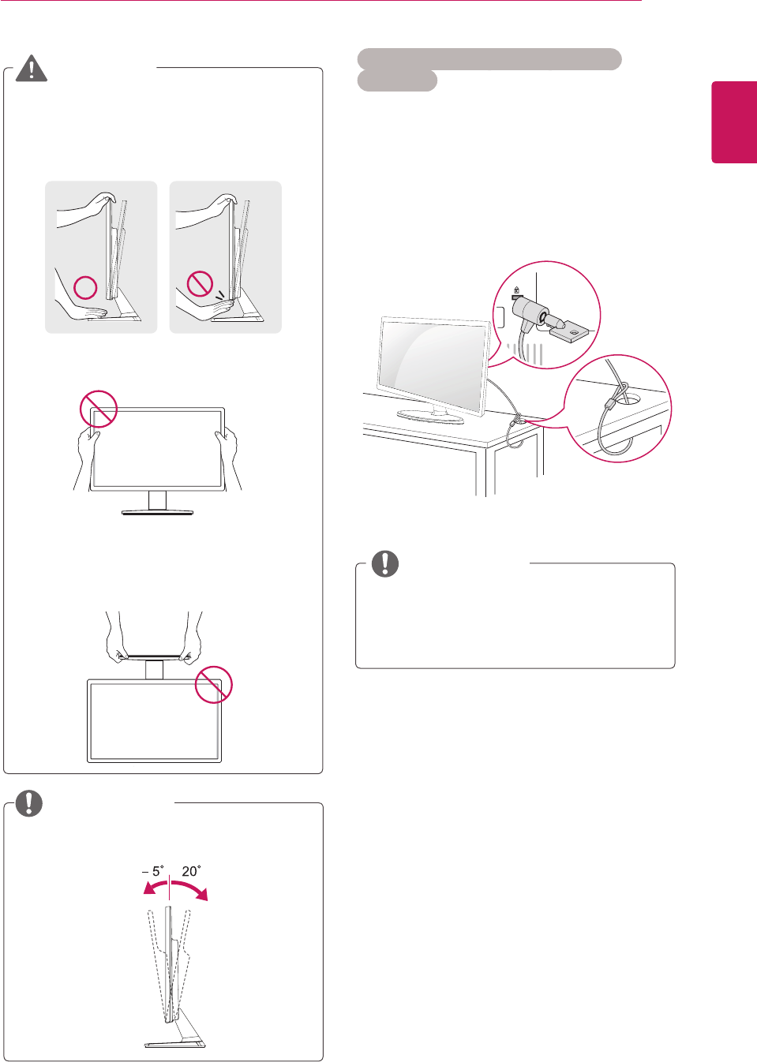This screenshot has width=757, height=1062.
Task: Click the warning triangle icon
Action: pos(31,69)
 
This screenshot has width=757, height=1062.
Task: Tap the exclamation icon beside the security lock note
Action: pos(385,563)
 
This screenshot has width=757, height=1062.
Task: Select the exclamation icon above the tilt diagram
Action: pos(29,802)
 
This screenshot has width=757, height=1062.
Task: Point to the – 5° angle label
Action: pos(152,871)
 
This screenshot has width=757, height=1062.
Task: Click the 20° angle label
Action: pos(191,871)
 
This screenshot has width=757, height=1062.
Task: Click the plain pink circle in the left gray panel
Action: pos(86,287)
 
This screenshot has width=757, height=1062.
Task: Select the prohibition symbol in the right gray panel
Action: pos(200,283)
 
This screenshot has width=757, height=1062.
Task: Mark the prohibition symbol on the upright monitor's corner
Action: pos(99,409)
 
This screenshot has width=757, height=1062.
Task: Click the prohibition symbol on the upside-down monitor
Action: pos(213,683)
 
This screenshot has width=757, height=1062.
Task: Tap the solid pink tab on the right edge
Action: pos(734,122)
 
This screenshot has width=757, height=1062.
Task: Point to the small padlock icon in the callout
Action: pos(516,290)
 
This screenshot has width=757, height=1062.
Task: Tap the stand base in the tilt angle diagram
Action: pos(175,1044)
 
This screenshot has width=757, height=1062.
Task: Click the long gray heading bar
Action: pos(489,59)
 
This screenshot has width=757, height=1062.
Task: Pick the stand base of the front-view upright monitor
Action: pos(157,512)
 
